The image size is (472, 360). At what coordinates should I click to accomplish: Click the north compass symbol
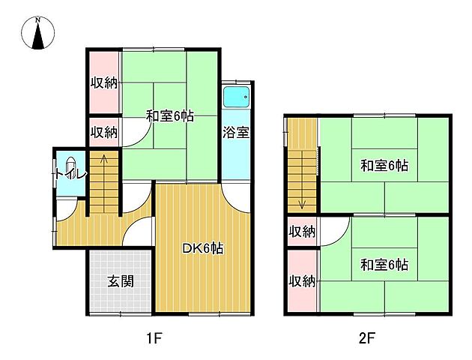[38, 33]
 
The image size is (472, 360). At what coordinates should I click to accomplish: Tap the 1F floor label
[154, 338]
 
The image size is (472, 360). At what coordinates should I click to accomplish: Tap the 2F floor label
[367, 338]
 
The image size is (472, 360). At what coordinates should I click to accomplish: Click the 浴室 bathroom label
[236, 132]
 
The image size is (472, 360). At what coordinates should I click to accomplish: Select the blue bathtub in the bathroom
[236, 97]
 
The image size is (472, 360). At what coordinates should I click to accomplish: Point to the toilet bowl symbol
[70, 166]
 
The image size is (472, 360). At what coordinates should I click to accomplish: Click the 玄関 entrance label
[121, 281]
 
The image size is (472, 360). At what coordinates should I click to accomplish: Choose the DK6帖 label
[203, 248]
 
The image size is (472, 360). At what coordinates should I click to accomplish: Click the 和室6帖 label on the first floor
[170, 116]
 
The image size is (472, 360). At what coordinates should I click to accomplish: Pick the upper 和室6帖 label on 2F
[384, 166]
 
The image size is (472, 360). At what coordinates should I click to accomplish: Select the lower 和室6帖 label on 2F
[384, 265]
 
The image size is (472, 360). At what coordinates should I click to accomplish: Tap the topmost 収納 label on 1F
[104, 82]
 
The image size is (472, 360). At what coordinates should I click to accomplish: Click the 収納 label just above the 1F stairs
[104, 132]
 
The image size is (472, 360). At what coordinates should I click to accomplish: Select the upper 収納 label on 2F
[302, 232]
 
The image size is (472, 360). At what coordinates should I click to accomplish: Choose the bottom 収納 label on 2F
[302, 281]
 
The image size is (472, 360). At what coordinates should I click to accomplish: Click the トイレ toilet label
[71, 175]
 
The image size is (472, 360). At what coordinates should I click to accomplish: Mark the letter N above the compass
[38, 20]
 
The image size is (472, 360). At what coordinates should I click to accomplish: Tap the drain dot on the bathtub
[246, 97]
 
